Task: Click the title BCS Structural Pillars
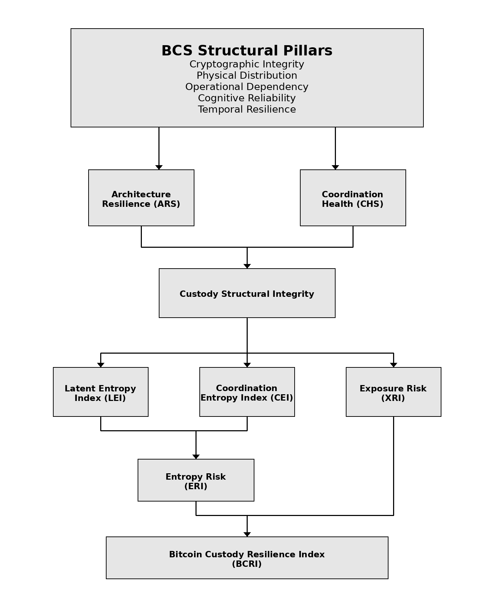point(247,50)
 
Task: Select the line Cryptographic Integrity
point(247,64)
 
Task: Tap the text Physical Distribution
point(247,76)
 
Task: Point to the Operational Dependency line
point(247,87)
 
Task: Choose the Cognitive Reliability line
point(247,98)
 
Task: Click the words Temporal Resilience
point(247,109)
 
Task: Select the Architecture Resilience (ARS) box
point(141,198)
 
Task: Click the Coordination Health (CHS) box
point(353,198)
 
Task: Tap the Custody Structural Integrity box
point(247,293)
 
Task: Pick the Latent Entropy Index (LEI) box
point(101,392)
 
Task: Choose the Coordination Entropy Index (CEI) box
point(247,392)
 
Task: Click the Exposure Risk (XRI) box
point(393,392)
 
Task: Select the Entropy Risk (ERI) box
point(196,480)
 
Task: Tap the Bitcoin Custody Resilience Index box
point(247,558)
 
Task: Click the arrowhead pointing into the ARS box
point(159,167)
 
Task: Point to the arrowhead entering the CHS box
point(335,167)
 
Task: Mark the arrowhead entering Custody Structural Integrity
point(247,266)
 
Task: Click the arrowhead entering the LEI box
point(101,365)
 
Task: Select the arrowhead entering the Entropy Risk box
point(196,457)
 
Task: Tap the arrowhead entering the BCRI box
point(247,534)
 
